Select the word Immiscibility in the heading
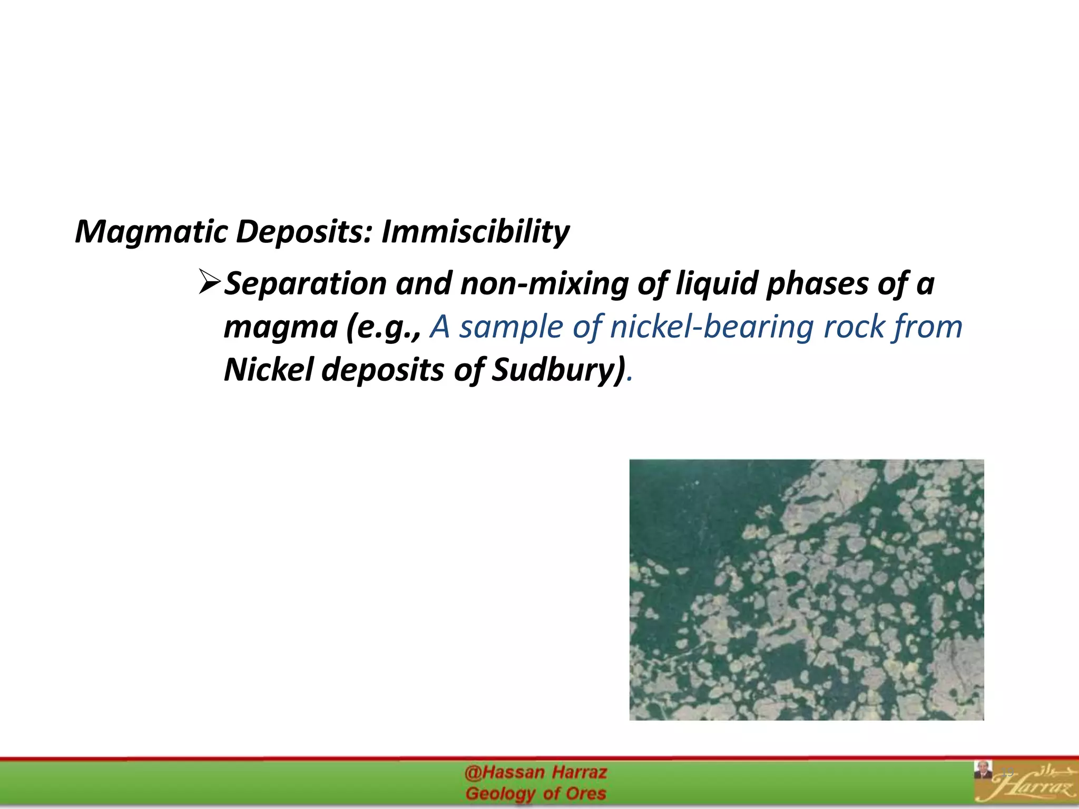coord(475,232)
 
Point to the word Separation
coord(306,283)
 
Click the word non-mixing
coord(544,283)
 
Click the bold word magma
coord(281,328)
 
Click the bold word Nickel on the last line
coord(269,370)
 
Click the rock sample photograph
coord(806,590)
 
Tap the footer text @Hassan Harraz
coord(536,773)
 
